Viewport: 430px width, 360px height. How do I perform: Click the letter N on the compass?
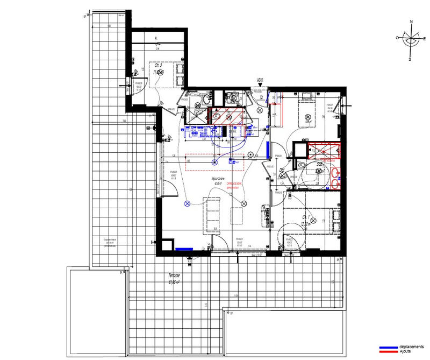(x=411, y=23)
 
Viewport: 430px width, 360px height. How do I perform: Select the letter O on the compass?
(x=398, y=38)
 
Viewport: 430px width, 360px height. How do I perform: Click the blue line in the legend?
(x=389, y=347)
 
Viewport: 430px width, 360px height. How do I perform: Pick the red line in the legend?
(x=389, y=351)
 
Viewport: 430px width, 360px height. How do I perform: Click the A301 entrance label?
(x=261, y=81)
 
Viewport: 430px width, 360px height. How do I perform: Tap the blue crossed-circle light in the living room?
(x=188, y=203)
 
